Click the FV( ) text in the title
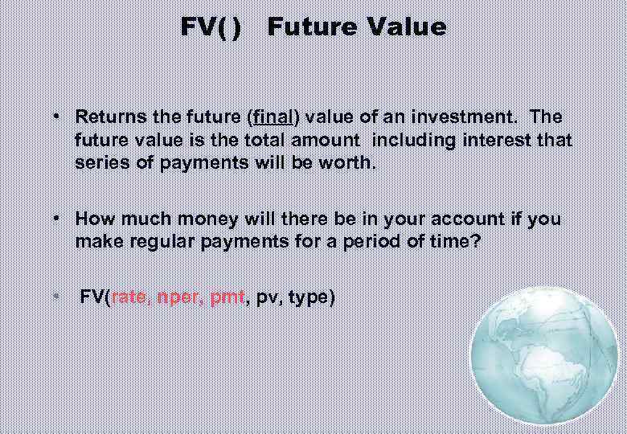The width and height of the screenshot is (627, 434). (x=210, y=27)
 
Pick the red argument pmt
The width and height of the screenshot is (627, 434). (x=227, y=298)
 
